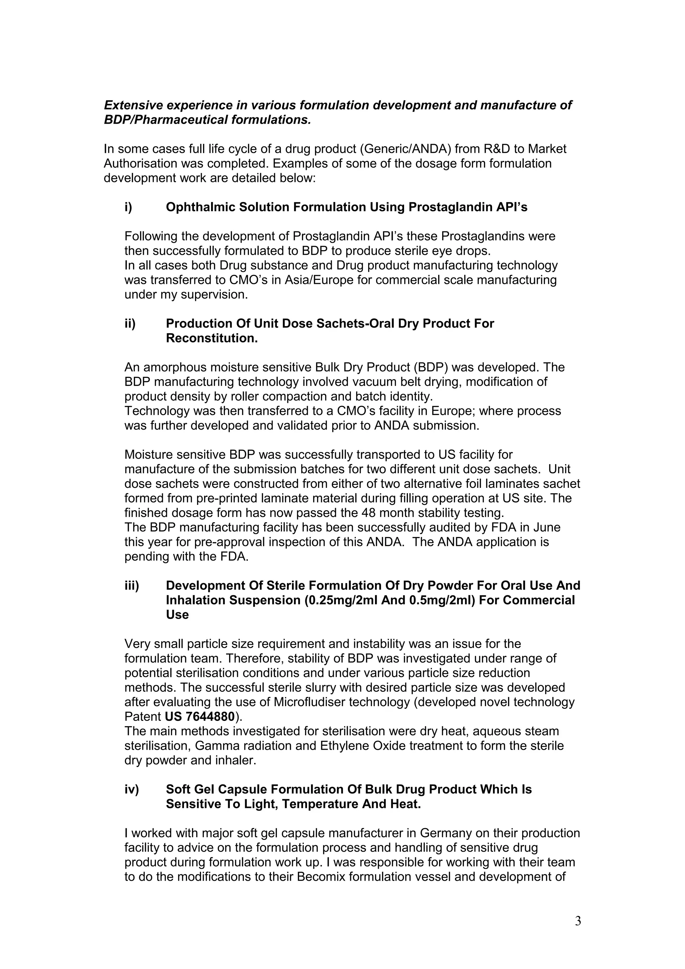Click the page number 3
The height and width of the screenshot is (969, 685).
(x=578, y=921)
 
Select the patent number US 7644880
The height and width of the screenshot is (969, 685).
(x=200, y=717)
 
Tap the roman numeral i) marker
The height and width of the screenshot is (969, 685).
(x=128, y=207)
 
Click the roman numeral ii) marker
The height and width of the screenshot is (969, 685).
(x=130, y=323)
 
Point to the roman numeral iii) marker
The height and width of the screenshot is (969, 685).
(x=132, y=585)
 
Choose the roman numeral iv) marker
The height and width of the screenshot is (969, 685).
(x=132, y=789)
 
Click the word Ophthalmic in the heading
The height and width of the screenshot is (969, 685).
(x=200, y=207)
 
